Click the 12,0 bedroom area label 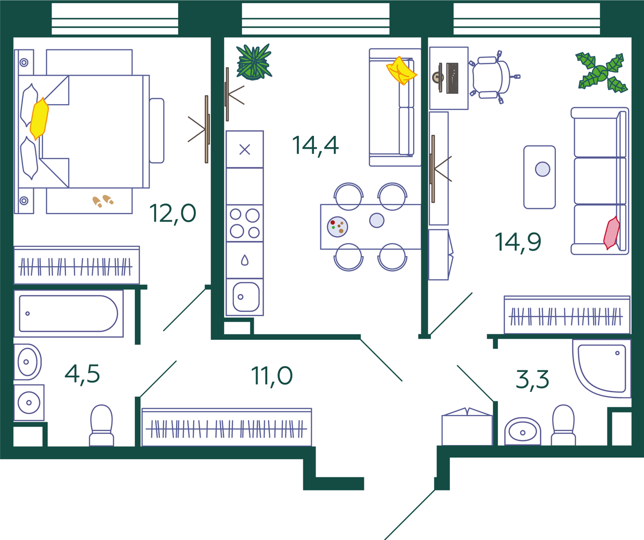(173, 214)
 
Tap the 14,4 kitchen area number (315, 145)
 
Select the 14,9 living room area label (518, 243)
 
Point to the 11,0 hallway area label (272, 376)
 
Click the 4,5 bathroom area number (82, 374)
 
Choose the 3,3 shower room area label (532, 380)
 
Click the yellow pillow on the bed (39, 119)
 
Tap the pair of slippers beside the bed (103, 201)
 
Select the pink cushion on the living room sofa (611, 232)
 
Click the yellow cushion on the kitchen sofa (401, 71)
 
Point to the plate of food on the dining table (338, 227)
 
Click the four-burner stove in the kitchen (245, 223)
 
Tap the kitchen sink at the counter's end (245, 297)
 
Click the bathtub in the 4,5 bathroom (69, 313)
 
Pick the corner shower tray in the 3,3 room (602, 368)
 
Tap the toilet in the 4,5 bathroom (101, 426)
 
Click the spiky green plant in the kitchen (254, 62)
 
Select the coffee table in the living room (539, 177)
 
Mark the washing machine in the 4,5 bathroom (29, 403)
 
